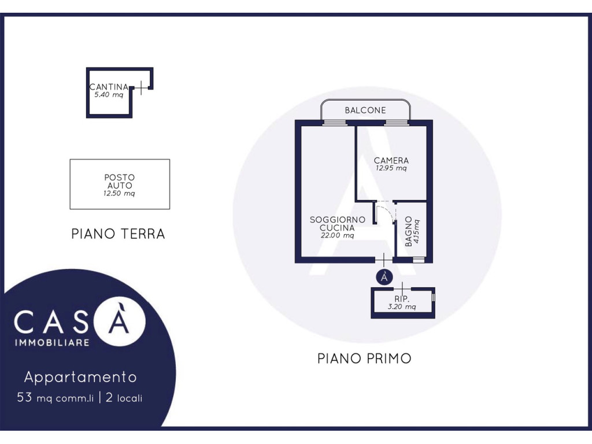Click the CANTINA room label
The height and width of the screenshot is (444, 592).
pyautogui.click(x=109, y=87)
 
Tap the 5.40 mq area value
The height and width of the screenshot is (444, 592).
pyautogui.click(x=109, y=95)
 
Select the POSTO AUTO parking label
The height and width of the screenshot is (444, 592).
pyautogui.click(x=119, y=181)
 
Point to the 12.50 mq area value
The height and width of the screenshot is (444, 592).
pyautogui.click(x=119, y=194)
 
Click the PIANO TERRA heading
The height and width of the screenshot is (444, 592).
pyautogui.click(x=118, y=234)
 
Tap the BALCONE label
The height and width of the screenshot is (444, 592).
pyautogui.click(x=365, y=110)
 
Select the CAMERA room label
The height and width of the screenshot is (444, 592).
pyautogui.click(x=391, y=161)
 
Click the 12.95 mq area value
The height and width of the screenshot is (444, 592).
pyautogui.click(x=391, y=168)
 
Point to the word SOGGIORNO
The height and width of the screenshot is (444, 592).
pyautogui.click(x=338, y=220)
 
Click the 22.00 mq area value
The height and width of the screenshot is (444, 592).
pyautogui.click(x=337, y=236)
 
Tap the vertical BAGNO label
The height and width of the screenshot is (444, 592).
pyautogui.click(x=408, y=231)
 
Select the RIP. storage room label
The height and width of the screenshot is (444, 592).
pyautogui.click(x=402, y=299)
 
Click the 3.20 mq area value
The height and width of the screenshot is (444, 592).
pyautogui.click(x=402, y=306)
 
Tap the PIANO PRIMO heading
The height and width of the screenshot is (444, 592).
pyautogui.click(x=364, y=358)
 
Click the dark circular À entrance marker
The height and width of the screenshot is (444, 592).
pyautogui.click(x=384, y=277)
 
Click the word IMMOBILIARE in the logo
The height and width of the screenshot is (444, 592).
pyautogui.click(x=52, y=343)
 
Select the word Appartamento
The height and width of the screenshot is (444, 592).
pyautogui.click(x=80, y=377)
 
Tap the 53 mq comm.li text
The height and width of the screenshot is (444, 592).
pyautogui.click(x=55, y=398)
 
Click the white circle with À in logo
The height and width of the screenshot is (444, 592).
pyautogui.click(x=119, y=321)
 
